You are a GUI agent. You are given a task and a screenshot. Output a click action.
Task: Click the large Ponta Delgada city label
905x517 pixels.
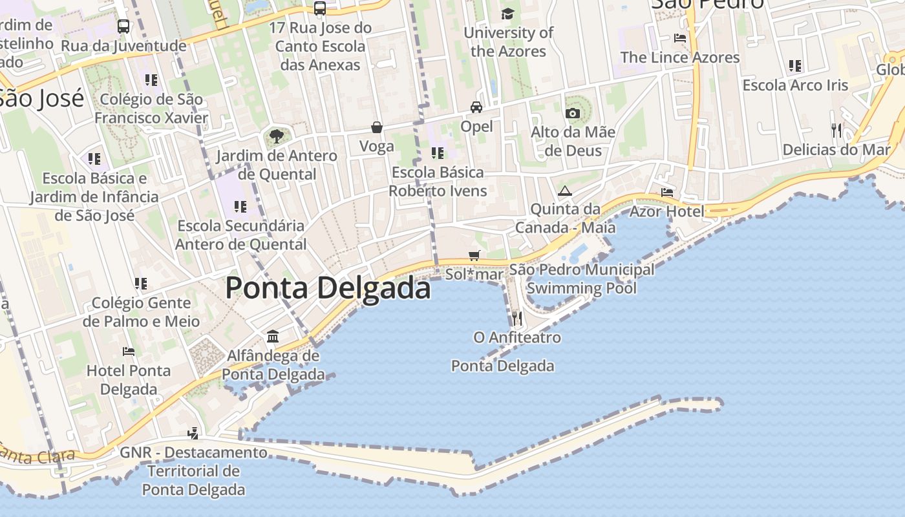point(328,288)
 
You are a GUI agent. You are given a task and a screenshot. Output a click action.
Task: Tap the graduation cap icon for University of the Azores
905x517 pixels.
point(508,14)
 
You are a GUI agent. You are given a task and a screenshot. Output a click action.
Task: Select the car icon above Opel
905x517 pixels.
point(476,107)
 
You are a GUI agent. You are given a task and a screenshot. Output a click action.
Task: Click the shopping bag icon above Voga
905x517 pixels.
point(377,127)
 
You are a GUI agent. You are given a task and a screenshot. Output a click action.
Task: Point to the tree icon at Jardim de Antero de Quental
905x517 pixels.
point(277,136)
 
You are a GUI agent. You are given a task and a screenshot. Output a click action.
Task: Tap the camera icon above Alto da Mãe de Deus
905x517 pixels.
point(572,113)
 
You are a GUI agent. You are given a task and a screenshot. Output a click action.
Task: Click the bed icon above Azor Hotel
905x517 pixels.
point(667,193)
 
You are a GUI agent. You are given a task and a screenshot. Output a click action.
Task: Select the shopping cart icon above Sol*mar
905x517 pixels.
point(474,255)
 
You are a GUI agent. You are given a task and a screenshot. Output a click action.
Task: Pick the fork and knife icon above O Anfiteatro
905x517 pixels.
point(516,318)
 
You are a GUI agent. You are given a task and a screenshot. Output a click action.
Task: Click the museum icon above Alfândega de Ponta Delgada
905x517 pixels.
point(273,337)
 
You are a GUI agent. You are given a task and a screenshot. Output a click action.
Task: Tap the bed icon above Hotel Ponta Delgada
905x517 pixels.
point(129,352)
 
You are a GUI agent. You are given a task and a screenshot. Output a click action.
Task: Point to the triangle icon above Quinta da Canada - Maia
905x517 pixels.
point(565,191)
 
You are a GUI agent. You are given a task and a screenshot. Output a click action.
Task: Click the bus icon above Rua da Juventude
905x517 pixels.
point(123,26)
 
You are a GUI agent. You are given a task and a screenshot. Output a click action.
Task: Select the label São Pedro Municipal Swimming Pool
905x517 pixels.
point(581,279)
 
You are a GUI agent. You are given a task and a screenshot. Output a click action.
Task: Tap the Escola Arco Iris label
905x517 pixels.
point(795,85)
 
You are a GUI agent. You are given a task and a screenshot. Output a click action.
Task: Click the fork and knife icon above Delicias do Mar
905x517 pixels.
point(836,131)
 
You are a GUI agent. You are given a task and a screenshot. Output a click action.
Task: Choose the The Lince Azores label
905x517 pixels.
point(680,57)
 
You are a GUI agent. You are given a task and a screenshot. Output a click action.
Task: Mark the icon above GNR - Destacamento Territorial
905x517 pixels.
point(193,433)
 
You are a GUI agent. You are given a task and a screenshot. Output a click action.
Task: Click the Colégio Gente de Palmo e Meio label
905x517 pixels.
point(141,311)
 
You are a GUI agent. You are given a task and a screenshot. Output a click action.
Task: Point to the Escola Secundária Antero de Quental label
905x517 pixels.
point(240,235)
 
